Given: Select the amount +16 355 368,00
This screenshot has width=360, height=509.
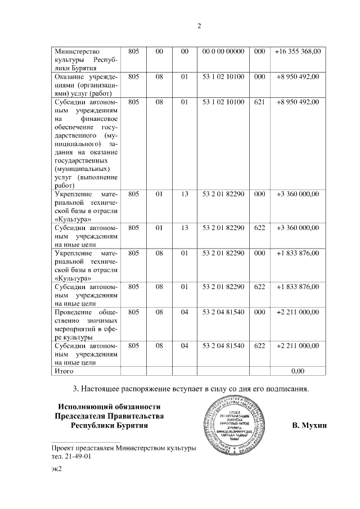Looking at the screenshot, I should (x=298, y=51).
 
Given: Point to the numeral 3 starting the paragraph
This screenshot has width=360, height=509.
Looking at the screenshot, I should (x=76, y=388).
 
